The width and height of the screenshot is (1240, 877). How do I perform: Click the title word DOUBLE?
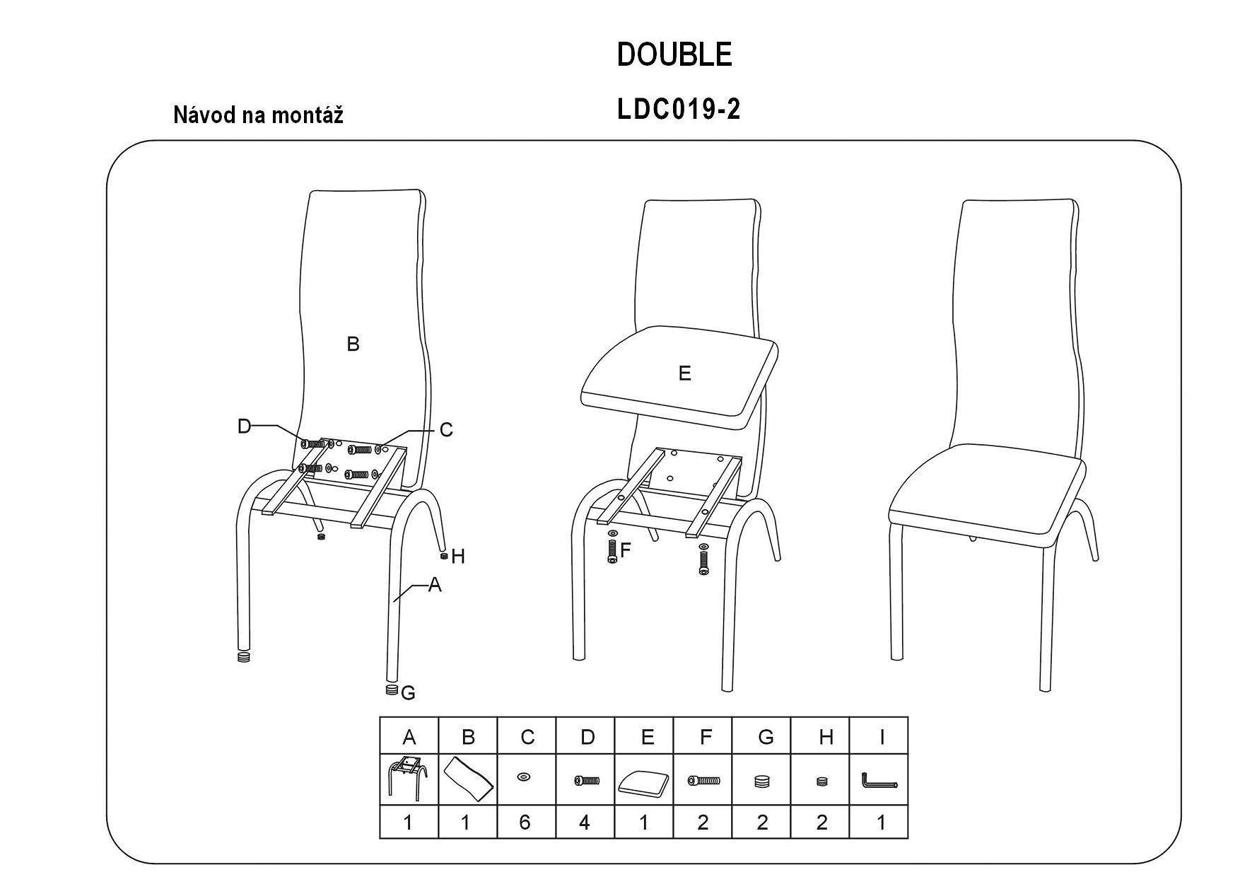[x=674, y=54]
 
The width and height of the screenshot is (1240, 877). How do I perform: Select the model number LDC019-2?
[x=679, y=110]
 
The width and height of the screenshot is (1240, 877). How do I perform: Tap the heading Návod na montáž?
[x=258, y=115]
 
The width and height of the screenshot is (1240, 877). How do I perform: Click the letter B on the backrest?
[x=353, y=344]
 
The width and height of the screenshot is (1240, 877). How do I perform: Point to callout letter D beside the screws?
[x=244, y=426]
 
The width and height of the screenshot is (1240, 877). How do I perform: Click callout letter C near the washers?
[x=446, y=430]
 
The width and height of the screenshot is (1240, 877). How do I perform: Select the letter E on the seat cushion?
[x=684, y=373]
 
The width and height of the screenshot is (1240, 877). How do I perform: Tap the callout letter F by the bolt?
[x=625, y=550]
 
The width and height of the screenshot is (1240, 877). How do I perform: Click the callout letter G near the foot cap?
[x=408, y=694]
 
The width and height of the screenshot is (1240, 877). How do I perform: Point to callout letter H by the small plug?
[x=457, y=557]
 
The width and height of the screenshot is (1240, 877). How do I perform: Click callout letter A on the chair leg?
[x=435, y=585]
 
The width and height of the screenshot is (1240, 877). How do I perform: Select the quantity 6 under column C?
[x=525, y=823]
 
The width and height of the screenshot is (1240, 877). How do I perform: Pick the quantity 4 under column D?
[x=585, y=823]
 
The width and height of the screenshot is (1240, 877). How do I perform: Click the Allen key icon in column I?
[x=879, y=781]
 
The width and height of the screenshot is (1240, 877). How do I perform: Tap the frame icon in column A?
[x=407, y=778]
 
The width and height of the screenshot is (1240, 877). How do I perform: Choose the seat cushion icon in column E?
[x=643, y=782]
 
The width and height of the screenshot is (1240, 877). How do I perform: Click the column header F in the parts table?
[x=705, y=737]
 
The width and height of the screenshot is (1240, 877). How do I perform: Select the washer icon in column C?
[x=524, y=777]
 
